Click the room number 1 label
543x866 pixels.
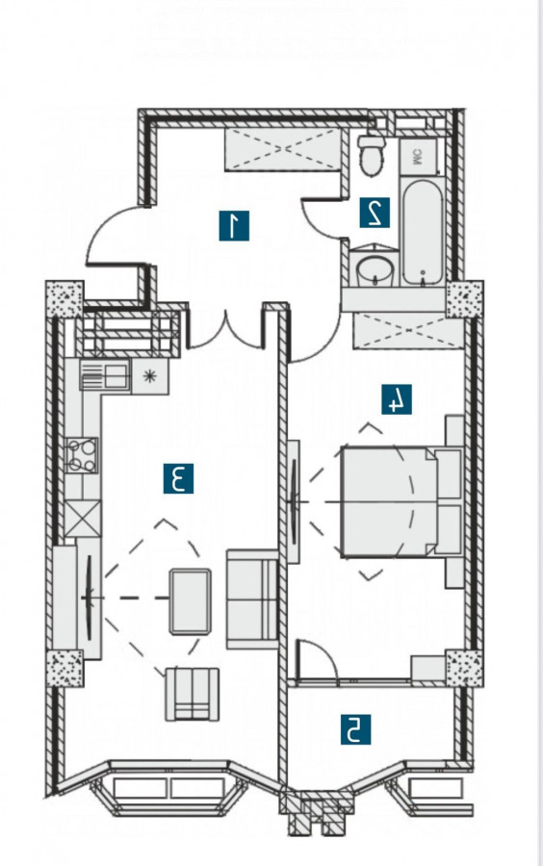(x=234, y=225)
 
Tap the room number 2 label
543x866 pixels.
(x=375, y=213)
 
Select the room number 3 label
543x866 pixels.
(x=178, y=478)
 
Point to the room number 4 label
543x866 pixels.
(x=397, y=399)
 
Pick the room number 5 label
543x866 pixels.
(x=355, y=729)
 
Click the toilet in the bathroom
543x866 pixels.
(x=372, y=155)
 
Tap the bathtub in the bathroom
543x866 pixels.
(x=423, y=233)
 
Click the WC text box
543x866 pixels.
(x=418, y=158)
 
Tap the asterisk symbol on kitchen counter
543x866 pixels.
(x=149, y=376)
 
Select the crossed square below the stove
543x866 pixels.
(x=83, y=518)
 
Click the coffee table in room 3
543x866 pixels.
(x=190, y=601)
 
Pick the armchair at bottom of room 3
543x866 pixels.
(x=192, y=694)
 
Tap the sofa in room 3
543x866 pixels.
(x=252, y=599)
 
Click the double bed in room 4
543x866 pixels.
(x=401, y=501)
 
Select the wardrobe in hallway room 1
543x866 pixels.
(x=282, y=149)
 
